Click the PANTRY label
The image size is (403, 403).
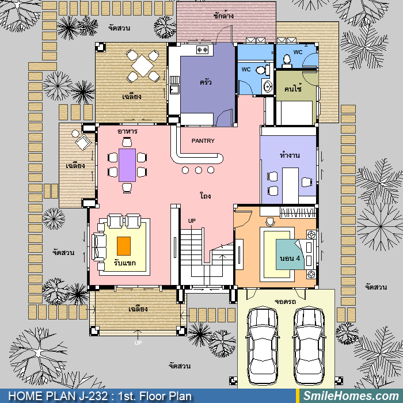point(203,141)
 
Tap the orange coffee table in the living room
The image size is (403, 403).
point(124,246)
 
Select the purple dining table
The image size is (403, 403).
point(127,165)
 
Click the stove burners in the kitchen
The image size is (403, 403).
point(202,50)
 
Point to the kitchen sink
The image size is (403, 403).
point(175,90)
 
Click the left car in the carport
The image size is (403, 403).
point(262,345)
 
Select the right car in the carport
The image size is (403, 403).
point(309,345)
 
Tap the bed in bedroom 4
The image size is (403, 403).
point(296,254)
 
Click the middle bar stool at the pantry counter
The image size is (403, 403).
point(198,170)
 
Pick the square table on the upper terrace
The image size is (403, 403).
point(142,66)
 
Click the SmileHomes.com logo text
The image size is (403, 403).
point(351,396)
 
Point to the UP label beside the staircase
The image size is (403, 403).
point(192,220)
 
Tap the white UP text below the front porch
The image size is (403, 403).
point(138,343)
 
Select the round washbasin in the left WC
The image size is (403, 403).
point(268,86)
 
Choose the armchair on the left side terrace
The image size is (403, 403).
point(83,142)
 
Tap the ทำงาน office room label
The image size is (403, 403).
point(290,155)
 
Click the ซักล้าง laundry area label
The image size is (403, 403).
point(223,16)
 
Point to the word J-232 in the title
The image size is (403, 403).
point(93,396)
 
